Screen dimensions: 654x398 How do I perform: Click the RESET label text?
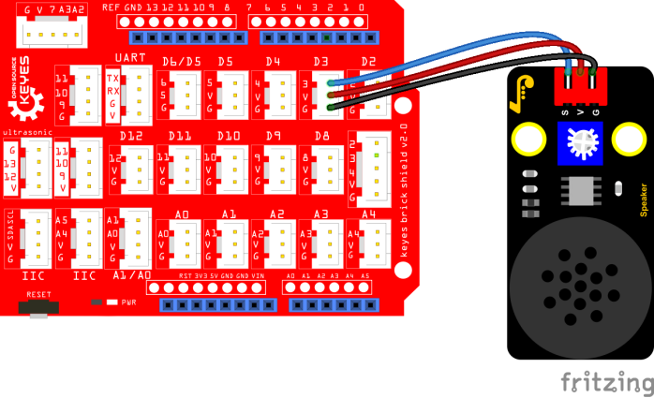[38, 293]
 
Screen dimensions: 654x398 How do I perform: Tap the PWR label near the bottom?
[128, 303]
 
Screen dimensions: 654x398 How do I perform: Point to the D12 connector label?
[131, 137]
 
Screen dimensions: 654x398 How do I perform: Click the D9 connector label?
[274, 137]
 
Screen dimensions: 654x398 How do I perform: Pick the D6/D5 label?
[180, 62]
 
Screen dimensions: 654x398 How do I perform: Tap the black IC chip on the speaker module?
[583, 190]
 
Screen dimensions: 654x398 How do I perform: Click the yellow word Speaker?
[643, 199]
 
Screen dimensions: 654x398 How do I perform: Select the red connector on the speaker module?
[579, 86]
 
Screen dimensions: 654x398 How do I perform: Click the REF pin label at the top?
[111, 7]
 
